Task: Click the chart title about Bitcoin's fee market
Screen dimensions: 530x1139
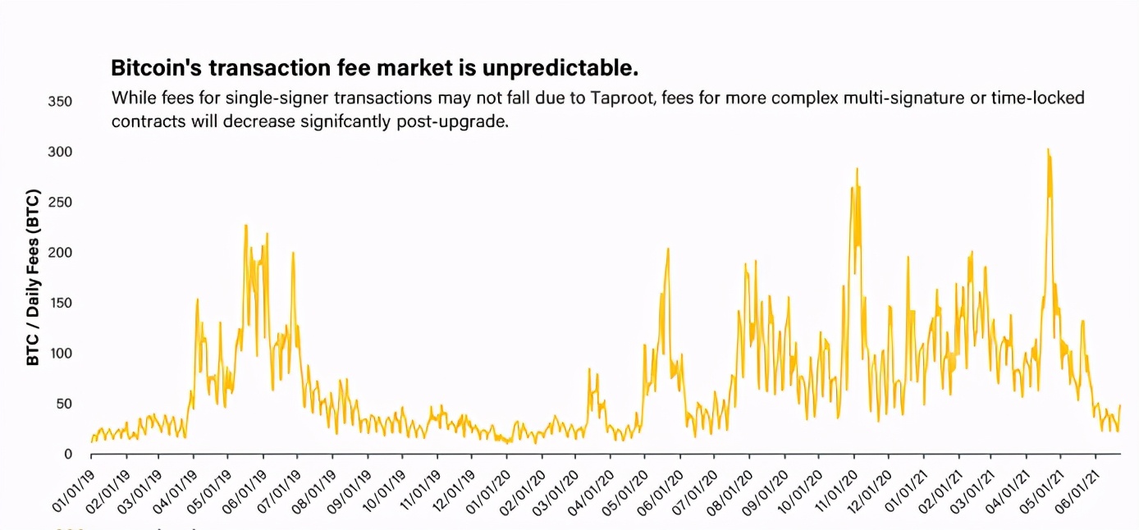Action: point(374,66)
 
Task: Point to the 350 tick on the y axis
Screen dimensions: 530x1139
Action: point(61,102)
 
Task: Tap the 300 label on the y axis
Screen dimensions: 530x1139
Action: point(61,153)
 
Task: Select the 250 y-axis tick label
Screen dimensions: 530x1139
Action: point(61,203)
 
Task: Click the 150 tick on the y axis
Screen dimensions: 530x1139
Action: point(61,304)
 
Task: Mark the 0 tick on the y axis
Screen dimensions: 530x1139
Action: point(68,455)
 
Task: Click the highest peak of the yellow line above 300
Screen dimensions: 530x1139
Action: point(1048,150)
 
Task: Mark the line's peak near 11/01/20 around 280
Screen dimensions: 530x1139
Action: point(857,169)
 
